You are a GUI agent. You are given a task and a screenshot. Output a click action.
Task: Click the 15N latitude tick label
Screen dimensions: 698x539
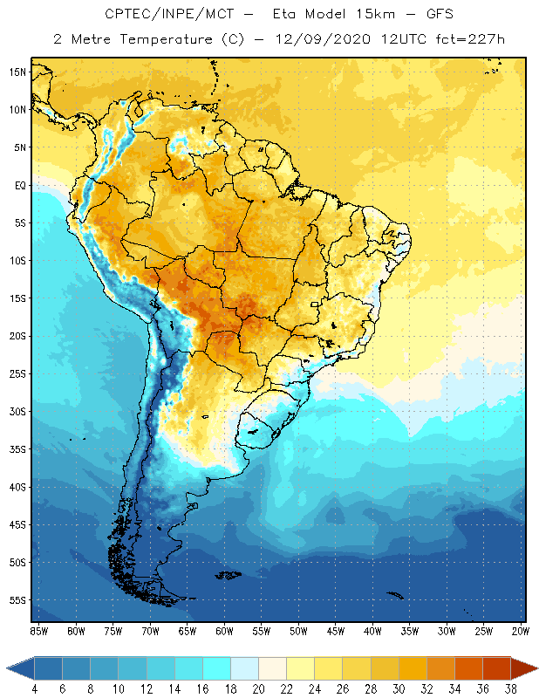pyautogui.click(x=17, y=72)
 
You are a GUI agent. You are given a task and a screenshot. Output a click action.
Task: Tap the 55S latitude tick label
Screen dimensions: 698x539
pyautogui.click(x=17, y=600)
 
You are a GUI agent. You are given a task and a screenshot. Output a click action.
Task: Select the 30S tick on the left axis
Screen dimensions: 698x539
pyautogui.click(x=17, y=411)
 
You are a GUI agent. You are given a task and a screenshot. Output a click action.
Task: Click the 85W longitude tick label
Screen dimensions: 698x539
pyautogui.click(x=38, y=630)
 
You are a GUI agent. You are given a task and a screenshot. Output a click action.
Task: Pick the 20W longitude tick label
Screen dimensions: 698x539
pyautogui.click(x=521, y=630)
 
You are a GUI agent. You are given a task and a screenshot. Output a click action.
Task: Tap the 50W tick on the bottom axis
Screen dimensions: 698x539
pyautogui.click(x=299, y=630)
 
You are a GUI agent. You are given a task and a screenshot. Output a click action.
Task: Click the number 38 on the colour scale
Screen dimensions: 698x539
pyautogui.click(x=509, y=689)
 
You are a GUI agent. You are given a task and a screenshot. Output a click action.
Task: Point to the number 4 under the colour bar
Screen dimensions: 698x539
pyautogui.click(x=35, y=689)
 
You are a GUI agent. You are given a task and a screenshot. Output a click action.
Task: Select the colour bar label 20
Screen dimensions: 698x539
pyautogui.click(x=258, y=689)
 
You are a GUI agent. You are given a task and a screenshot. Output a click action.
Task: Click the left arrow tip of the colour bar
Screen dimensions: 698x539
pyautogui.click(x=8, y=668)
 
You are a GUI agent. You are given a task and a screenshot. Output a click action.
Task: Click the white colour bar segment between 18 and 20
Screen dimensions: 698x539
pyautogui.click(x=245, y=668)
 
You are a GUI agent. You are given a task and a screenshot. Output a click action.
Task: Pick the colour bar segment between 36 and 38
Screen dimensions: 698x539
pyautogui.click(x=496, y=668)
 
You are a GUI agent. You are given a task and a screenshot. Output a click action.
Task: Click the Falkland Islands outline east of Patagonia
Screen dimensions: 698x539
pyautogui.click(x=229, y=574)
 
